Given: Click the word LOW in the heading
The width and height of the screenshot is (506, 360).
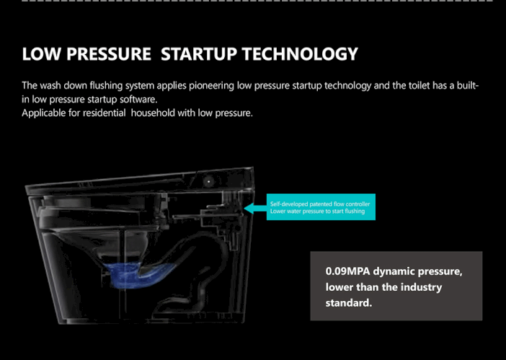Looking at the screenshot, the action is [x=41, y=53].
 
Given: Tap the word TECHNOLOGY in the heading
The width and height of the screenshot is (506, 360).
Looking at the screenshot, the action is [x=300, y=53].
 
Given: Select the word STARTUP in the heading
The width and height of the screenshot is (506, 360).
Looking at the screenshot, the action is [x=199, y=53].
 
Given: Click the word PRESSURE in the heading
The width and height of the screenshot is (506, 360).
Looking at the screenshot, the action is [x=109, y=53].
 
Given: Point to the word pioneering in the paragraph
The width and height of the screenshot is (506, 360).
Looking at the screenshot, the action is [x=211, y=86].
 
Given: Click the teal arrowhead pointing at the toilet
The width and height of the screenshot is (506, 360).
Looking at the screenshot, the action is [x=249, y=208].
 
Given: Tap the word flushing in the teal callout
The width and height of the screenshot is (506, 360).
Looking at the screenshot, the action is [x=355, y=211].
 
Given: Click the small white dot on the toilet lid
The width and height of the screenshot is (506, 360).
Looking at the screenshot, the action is [x=209, y=182].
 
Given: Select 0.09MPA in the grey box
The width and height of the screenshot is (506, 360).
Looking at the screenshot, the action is [x=347, y=271].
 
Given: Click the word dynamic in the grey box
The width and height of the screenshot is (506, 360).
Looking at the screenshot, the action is [x=393, y=272].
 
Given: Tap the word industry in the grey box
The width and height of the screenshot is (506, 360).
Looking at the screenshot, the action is [x=421, y=288].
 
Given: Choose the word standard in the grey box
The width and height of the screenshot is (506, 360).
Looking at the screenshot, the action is [x=349, y=303].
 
